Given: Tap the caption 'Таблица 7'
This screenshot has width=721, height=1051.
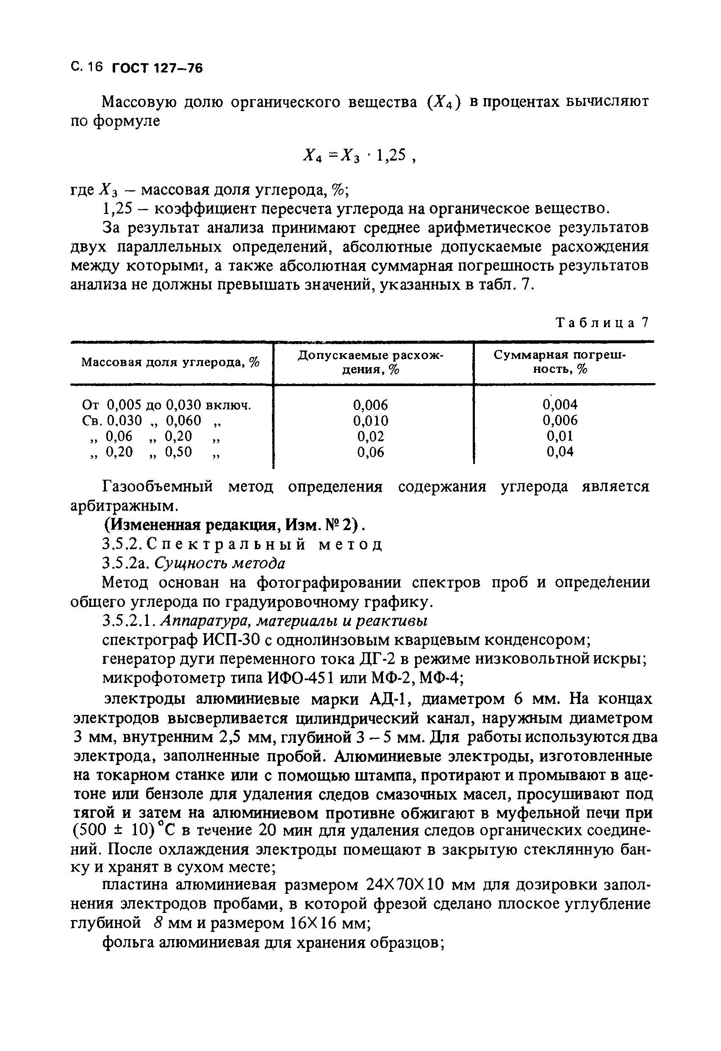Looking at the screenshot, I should [602, 323].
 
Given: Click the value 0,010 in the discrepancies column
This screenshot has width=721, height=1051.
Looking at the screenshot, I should [370, 421].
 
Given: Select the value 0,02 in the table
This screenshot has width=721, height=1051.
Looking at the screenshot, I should [370, 437].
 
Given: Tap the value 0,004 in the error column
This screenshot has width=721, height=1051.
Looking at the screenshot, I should [560, 404].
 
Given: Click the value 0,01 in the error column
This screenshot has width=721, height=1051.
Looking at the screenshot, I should [560, 436].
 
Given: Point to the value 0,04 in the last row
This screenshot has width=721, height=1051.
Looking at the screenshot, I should [560, 452].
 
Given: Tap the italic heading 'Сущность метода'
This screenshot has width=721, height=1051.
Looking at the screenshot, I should [220, 564].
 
